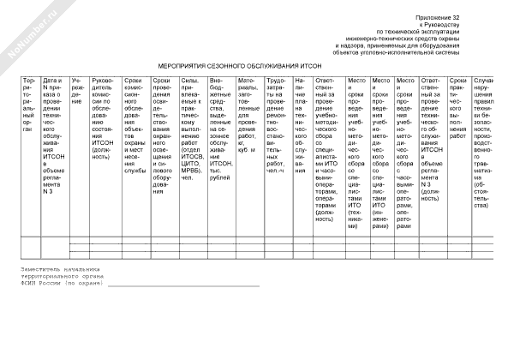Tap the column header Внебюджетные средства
[x=220, y=120]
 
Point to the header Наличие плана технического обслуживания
[x=299, y=111]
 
